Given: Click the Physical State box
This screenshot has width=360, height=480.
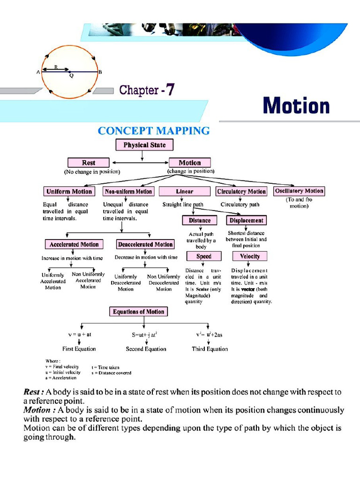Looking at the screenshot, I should click(144, 145).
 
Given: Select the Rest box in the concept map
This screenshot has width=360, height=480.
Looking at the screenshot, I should click(89, 163).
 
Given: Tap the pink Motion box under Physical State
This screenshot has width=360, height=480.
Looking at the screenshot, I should click(189, 163).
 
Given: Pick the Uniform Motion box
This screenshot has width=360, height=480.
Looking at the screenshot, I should click(69, 191).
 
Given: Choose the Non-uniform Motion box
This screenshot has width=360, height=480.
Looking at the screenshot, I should click(128, 191).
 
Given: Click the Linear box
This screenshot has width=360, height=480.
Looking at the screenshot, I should click(184, 191).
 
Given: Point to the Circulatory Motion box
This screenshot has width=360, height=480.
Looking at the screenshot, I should click(241, 191).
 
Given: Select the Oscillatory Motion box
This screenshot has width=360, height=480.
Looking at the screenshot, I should click(299, 191).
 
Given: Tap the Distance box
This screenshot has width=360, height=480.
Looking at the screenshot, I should click(200, 220).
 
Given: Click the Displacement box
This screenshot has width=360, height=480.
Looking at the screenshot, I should click(246, 220).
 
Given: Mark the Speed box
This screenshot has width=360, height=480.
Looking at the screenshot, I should click(203, 256).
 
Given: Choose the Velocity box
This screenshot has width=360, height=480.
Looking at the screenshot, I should click(249, 256).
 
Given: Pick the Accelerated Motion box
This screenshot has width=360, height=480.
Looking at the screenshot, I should click(74, 244).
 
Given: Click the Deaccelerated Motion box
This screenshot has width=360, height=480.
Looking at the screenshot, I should click(145, 244).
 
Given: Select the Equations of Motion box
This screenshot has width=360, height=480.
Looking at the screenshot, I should click(138, 312).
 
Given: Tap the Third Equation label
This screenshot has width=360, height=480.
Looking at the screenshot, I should click(210, 349).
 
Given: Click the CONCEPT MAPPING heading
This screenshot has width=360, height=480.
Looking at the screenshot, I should click(154, 131).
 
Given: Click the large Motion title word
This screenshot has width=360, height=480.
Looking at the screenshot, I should click(296, 105).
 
